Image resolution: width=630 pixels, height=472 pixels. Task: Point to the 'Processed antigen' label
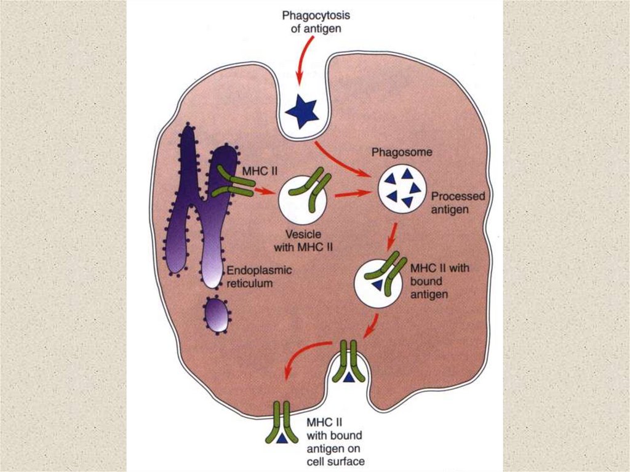tap(458, 202)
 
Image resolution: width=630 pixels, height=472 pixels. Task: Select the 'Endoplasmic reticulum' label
tap(259, 276)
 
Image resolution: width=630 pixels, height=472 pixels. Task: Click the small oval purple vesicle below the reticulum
tap(217, 314)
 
